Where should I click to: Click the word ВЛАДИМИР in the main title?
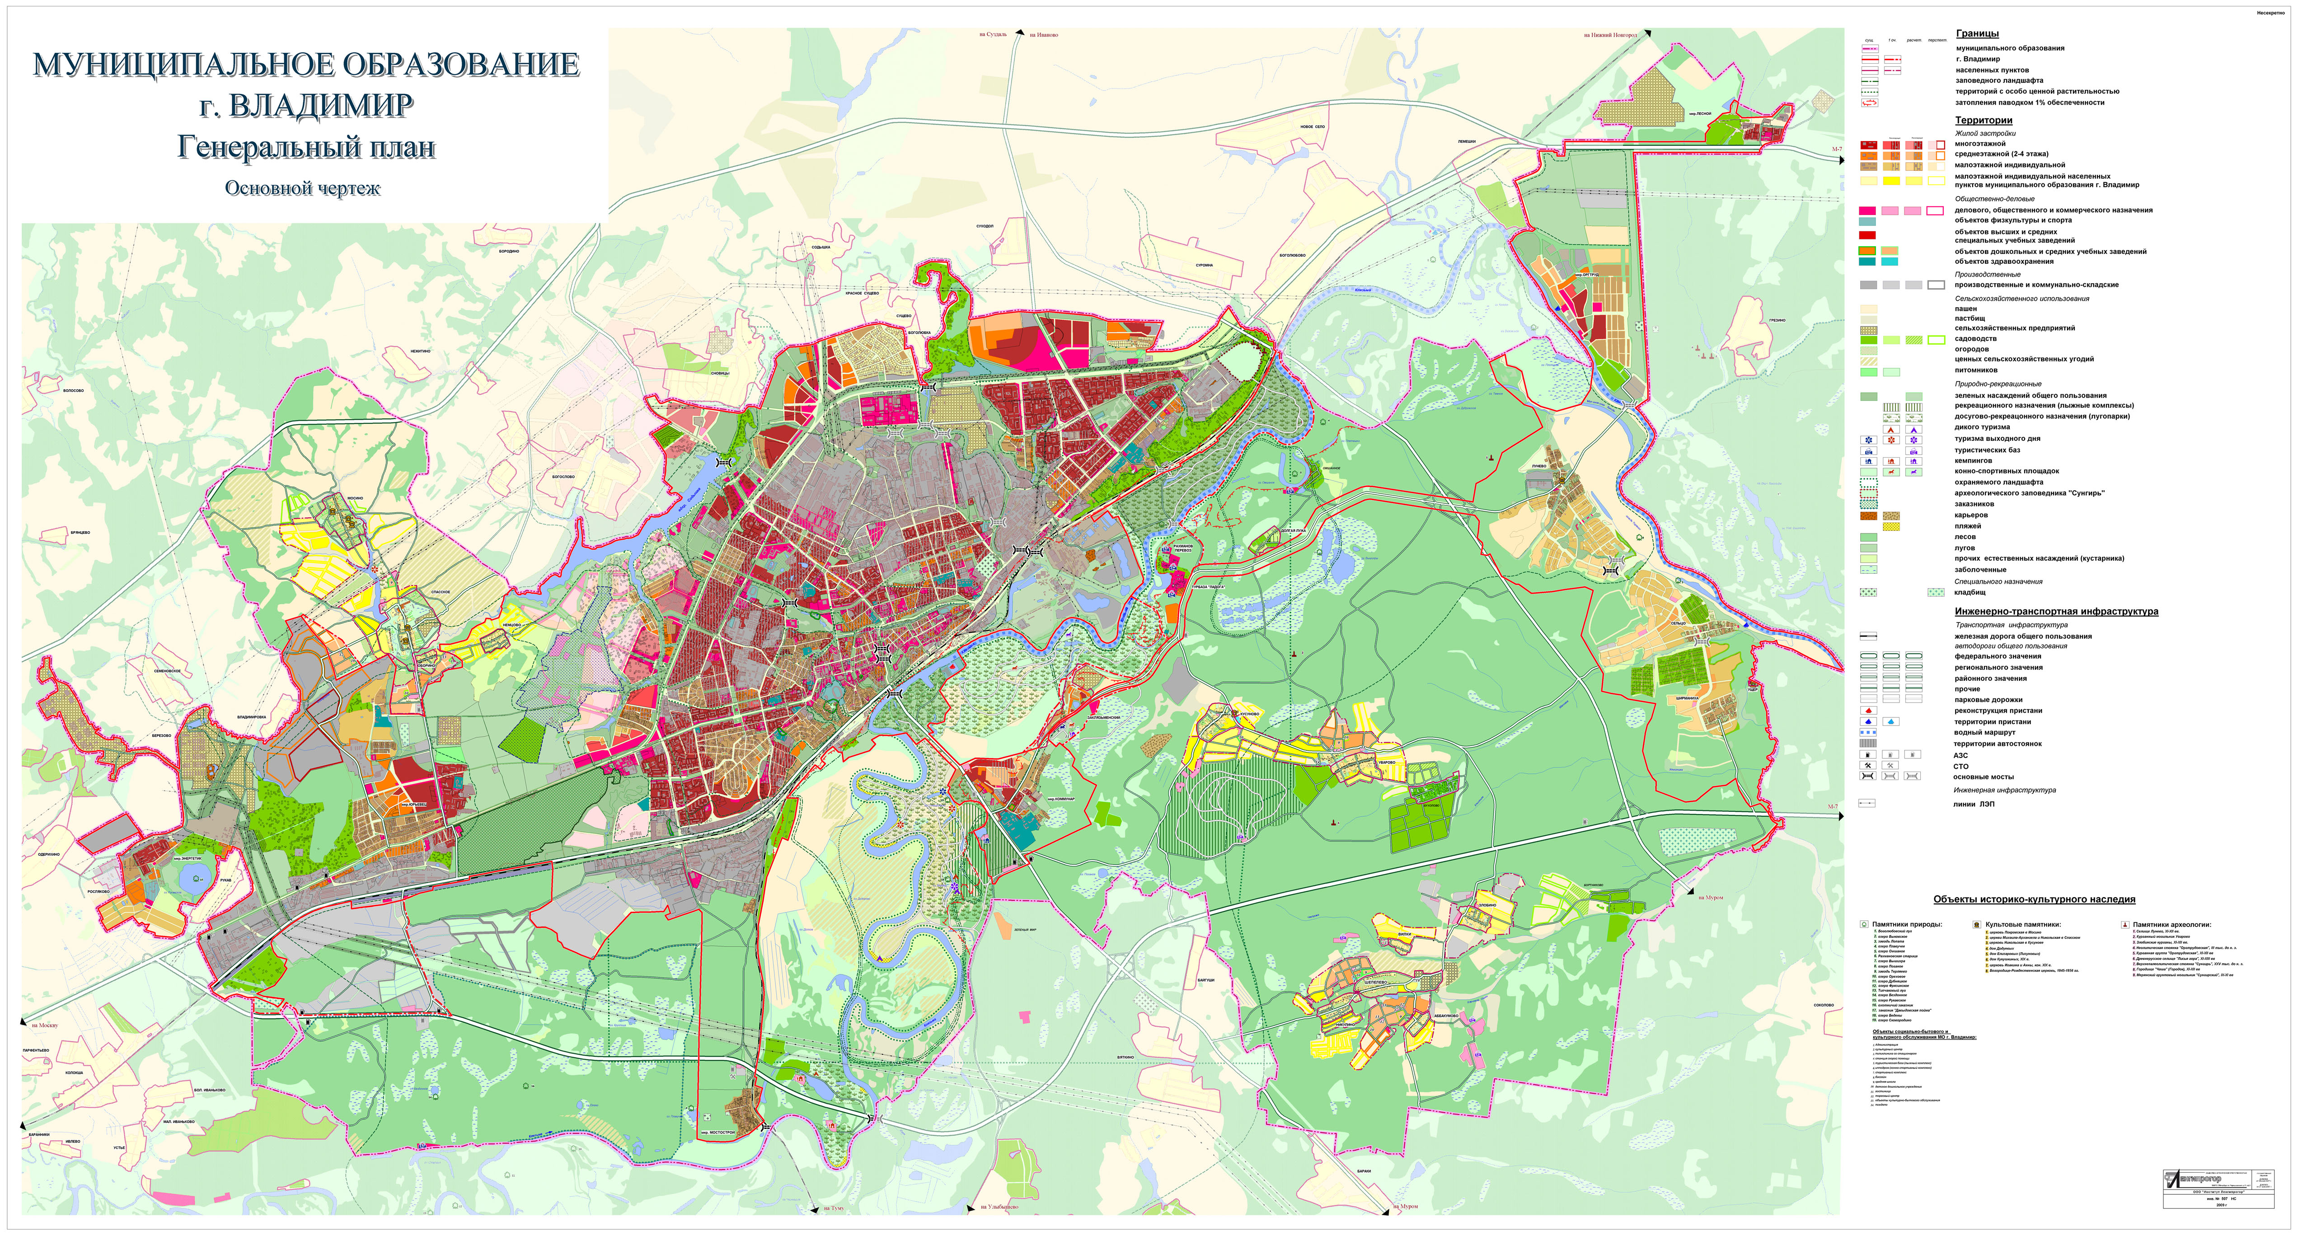[321, 106]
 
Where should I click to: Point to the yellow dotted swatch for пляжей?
[1890, 526]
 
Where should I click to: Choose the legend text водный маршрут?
[1984, 732]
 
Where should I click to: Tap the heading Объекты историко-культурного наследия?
[2034, 900]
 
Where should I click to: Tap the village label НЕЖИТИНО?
[421, 351]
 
